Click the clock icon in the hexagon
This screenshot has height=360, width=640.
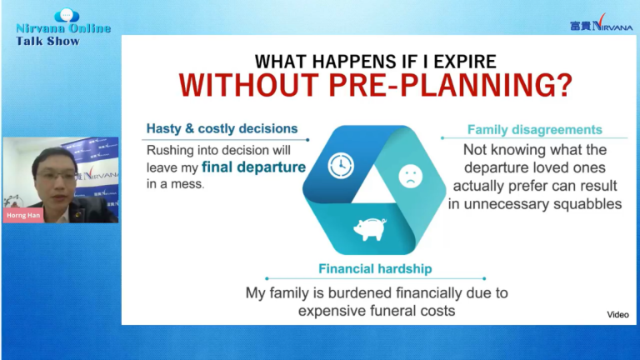(x=341, y=165)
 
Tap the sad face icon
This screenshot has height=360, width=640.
(x=410, y=176)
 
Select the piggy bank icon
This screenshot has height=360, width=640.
(x=370, y=228)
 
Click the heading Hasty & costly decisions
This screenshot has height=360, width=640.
(x=222, y=128)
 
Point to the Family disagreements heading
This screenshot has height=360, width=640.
(x=535, y=130)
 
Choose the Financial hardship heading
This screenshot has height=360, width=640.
(x=375, y=268)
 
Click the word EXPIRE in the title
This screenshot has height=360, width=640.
(x=465, y=62)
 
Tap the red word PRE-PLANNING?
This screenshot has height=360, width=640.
(x=451, y=85)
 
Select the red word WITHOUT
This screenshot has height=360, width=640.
(x=249, y=85)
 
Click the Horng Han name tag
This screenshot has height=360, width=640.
(x=23, y=215)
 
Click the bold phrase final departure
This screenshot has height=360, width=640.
(x=253, y=167)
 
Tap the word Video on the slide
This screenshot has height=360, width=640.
(x=617, y=315)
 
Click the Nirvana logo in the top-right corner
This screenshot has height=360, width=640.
(x=601, y=23)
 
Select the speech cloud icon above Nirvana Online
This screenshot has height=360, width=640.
(x=67, y=16)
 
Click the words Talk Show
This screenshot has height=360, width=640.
(x=47, y=41)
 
